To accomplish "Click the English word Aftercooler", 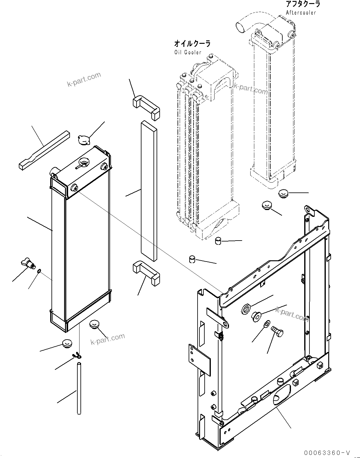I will [x=301, y=13].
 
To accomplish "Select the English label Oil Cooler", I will [x=187, y=52].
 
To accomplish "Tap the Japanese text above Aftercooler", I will [x=303, y=4].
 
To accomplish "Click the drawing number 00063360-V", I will [x=327, y=453].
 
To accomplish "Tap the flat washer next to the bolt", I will [x=267, y=324].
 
